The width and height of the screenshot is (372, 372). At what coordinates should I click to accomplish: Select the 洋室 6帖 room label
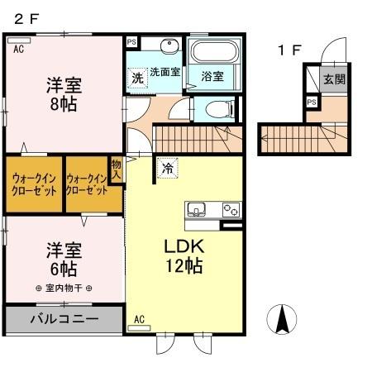pyautogui.click(x=63, y=258)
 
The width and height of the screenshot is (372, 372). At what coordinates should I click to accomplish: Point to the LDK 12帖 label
pyautogui.click(x=183, y=257)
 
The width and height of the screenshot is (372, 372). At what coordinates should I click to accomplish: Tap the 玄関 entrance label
pyautogui.click(x=334, y=80)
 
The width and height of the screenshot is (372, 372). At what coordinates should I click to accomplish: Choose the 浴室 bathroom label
pyautogui.click(x=212, y=77)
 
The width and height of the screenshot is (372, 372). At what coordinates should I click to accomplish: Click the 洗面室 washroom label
pyautogui.click(x=165, y=71)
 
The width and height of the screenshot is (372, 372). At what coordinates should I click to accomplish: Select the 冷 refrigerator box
pyautogui.click(x=168, y=167)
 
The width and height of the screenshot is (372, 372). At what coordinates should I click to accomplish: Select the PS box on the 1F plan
pyautogui.click(x=311, y=102)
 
